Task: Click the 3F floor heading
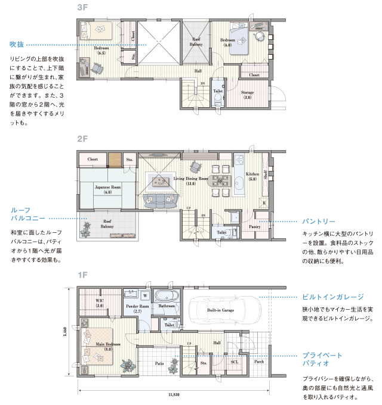point(82,8)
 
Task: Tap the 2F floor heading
point(82,139)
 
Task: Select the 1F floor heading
point(82,275)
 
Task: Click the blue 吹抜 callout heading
point(17,45)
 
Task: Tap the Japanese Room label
point(107,188)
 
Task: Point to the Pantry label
point(254,227)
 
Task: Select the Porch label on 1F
point(259,361)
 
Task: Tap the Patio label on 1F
point(159,362)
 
